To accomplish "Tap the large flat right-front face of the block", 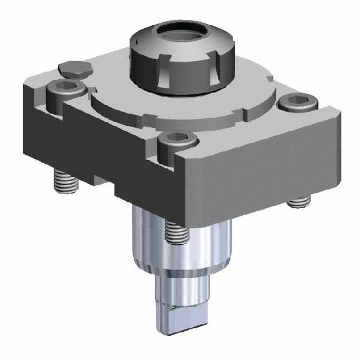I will pyautogui.click(x=258, y=162).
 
